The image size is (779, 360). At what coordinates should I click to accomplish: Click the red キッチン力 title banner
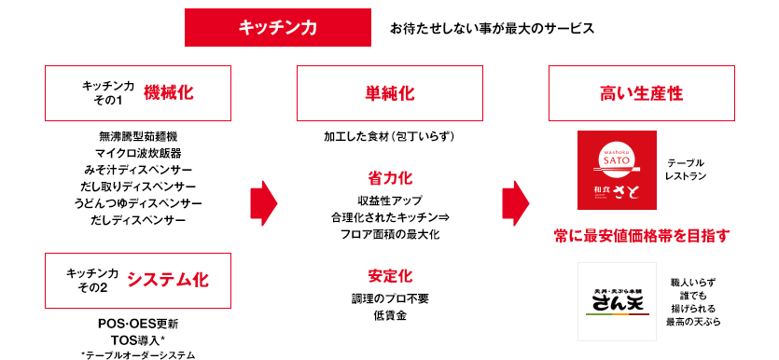click(x=278, y=27)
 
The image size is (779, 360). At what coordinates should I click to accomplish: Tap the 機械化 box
click(x=138, y=93)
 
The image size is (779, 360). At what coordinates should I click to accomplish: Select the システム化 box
click(x=138, y=279)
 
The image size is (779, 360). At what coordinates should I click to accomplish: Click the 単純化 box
click(x=390, y=93)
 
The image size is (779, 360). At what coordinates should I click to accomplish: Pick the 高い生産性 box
click(x=642, y=93)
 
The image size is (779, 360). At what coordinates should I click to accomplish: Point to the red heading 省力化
click(x=390, y=177)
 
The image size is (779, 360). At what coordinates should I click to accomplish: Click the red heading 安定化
click(x=390, y=276)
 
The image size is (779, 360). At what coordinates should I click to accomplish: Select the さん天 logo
click(x=610, y=295)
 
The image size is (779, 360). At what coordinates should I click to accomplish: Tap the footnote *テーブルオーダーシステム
click(x=138, y=354)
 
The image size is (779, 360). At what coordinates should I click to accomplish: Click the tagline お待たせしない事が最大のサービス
click(x=492, y=28)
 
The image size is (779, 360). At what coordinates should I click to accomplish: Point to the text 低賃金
click(x=390, y=315)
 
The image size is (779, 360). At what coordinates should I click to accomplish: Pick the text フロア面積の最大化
click(x=390, y=234)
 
